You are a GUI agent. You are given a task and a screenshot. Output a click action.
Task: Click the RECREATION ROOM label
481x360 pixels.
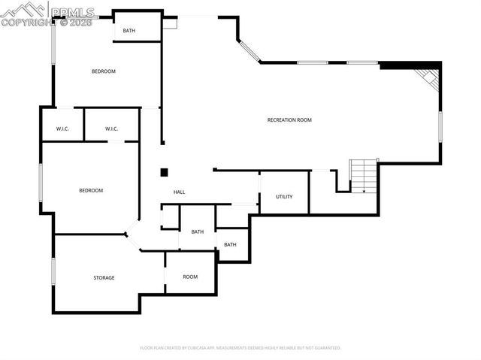[x=289, y=120]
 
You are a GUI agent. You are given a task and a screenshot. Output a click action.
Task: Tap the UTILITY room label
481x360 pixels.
[x=284, y=197]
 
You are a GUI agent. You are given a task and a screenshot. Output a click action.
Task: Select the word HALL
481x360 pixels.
[x=179, y=192]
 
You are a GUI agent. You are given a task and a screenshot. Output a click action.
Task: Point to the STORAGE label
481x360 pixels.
[x=104, y=278]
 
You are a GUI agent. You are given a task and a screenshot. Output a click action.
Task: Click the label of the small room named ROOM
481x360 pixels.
[x=190, y=277]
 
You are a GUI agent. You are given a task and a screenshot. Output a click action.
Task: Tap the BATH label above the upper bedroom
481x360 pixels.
[x=129, y=31]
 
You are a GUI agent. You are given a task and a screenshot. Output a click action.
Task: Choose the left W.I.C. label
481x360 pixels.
[x=62, y=129]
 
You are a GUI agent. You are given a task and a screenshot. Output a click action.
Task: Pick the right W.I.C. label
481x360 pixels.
[x=111, y=129]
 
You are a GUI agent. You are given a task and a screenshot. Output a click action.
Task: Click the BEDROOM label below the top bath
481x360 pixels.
[x=104, y=71]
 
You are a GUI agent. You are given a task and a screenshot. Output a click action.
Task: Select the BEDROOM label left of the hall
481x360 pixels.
[x=91, y=190]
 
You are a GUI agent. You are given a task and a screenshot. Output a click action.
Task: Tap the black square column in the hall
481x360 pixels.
[x=164, y=172]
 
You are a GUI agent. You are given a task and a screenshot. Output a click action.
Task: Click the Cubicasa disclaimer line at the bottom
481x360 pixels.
[x=240, y=348]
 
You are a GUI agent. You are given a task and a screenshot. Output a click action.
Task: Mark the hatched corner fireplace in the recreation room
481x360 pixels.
[x=429, y=77]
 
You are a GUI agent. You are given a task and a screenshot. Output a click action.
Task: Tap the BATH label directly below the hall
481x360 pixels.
[x=197, y=231]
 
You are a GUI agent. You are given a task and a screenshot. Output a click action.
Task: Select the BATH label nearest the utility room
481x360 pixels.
[x=230, y=244]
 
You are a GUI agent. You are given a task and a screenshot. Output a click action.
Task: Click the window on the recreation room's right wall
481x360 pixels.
[x=440, y=126]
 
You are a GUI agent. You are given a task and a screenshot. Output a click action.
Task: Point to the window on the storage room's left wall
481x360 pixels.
[x=53, y=271]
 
